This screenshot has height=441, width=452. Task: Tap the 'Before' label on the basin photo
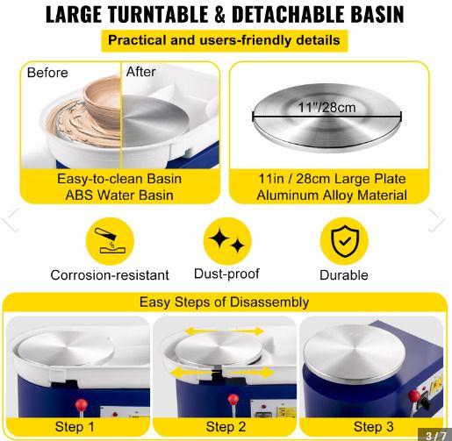(x=47, y=73)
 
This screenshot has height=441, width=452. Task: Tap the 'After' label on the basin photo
(x=141, y=72)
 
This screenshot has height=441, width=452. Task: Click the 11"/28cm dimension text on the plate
(x=326, y=107)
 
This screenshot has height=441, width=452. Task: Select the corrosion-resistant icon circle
(x=110, y=241)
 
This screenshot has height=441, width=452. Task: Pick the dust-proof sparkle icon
(x=227, y=241)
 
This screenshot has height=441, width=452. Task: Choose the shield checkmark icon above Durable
(x=344, y=241)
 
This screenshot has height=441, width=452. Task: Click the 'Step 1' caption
(x=75, y=427)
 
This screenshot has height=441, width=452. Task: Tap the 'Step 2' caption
(x=226, y=427)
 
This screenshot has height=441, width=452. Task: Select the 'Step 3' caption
(x=374, y=427)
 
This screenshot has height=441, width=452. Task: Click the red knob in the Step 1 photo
(x=81, y=405)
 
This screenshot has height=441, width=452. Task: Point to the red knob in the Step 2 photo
(x=233, y=400)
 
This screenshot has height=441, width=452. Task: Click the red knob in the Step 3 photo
(x=414, y=396)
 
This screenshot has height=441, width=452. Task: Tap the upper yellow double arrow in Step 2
(x=225, y=331)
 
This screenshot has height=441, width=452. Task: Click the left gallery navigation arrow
(x=11, y=219)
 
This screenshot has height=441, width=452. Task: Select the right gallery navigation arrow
(x=437, y=219)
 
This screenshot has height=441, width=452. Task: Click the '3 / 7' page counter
(x=436, y=435)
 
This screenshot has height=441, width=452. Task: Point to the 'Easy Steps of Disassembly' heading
(x=224, y=302)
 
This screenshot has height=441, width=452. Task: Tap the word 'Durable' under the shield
(x=344, y=275)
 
